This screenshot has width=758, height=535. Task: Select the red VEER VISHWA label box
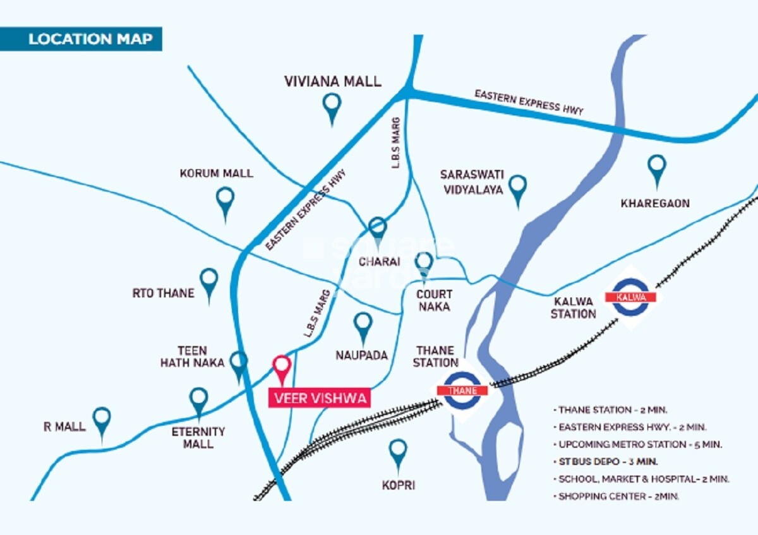(319, 399)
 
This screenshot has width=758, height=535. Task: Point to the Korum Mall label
(216, 173)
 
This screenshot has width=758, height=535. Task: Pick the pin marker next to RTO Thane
(208, 282)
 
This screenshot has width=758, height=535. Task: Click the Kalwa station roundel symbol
(630, 297)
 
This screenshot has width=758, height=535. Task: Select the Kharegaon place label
(655, 203)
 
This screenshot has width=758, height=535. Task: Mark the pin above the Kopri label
(397, 453)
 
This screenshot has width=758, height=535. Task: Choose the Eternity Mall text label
(198, 438)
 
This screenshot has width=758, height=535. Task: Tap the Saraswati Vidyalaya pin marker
(518, 188)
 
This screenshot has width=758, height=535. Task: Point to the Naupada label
(361, 356)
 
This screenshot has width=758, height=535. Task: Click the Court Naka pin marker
(424, 263)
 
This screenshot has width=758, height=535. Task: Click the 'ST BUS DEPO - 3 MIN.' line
(607, 461)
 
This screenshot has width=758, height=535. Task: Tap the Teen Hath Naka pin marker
(238, 364)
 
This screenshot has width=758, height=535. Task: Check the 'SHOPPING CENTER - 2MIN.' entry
(618, 496)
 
